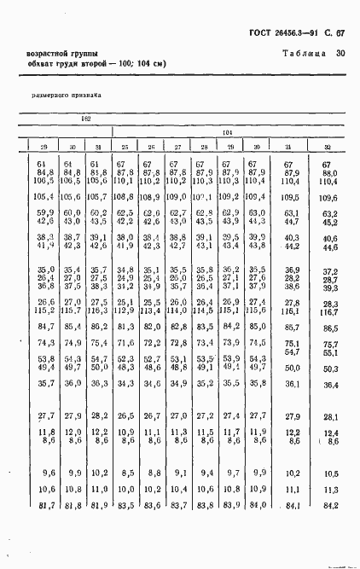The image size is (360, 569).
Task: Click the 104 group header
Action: [227, 132]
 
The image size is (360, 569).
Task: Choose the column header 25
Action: [125, 147]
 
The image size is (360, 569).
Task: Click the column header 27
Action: [177, 147]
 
